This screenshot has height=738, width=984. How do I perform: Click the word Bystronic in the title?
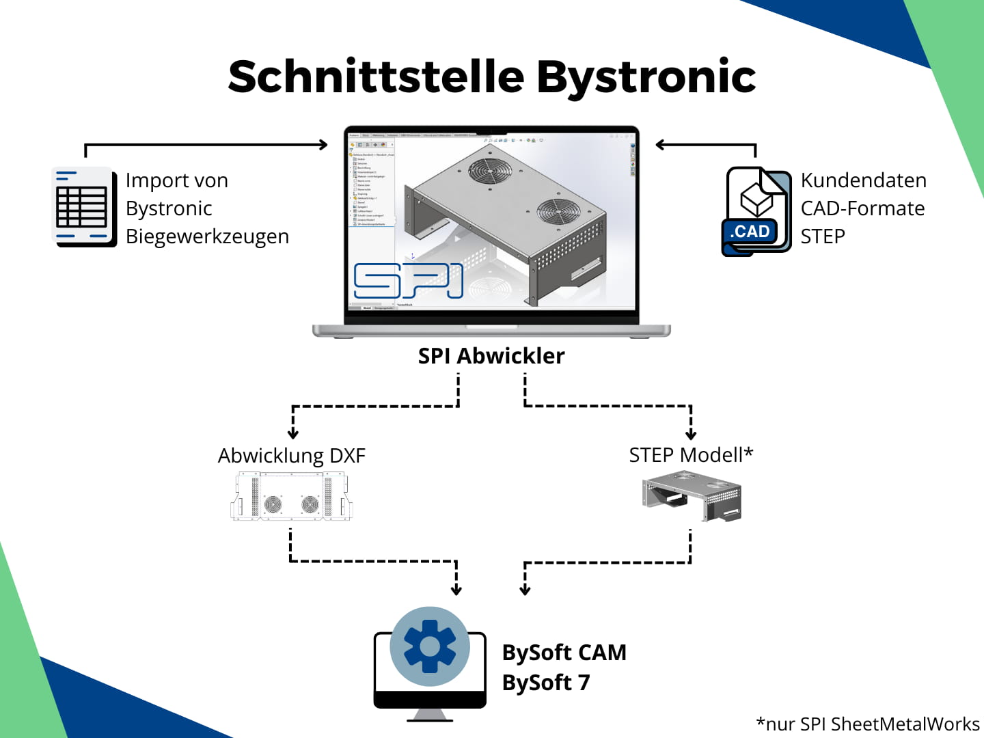(646, 77)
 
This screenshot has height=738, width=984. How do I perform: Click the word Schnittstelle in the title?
(376, 77)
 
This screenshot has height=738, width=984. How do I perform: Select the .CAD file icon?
(755, 212)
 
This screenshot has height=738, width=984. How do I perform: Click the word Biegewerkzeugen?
(207, 236)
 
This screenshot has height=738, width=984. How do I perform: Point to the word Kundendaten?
(863, 180)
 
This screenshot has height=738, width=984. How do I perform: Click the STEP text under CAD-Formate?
(823, 236)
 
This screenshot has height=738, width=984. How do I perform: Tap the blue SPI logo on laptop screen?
(408, 280)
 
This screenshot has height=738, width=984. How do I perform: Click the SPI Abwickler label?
(491, 356)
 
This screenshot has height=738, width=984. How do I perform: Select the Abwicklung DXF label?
(292, 456)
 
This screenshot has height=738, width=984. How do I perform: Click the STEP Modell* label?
(690, 455)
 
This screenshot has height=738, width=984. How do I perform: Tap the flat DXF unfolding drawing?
(292, 497)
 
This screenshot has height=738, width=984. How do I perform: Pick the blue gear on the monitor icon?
(430, 646)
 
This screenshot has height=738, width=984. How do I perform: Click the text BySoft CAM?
(564, 653)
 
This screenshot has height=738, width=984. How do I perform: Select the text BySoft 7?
(545, 683)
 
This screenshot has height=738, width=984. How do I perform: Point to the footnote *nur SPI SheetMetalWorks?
(867, 724)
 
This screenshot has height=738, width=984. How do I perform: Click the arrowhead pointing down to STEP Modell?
(691, 434)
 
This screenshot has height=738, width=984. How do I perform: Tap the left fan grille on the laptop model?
(489, 170)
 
